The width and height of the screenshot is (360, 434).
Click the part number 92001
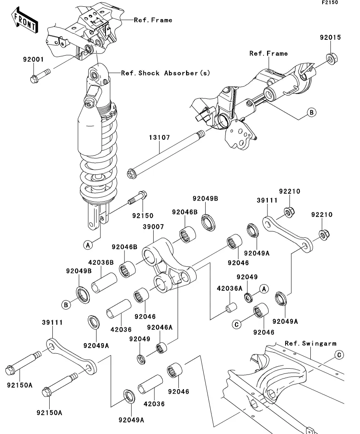33,60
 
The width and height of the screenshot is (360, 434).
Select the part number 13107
160,138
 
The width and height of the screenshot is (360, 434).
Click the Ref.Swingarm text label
311,344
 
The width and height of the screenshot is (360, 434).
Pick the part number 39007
153,227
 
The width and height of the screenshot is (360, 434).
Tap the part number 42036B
101,262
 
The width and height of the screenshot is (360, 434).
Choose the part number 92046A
160,327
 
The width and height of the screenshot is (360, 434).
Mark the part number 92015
330,38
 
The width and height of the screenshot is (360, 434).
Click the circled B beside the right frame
311,113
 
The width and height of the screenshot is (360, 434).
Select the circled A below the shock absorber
87,245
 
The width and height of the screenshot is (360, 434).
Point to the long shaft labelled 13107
165,153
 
